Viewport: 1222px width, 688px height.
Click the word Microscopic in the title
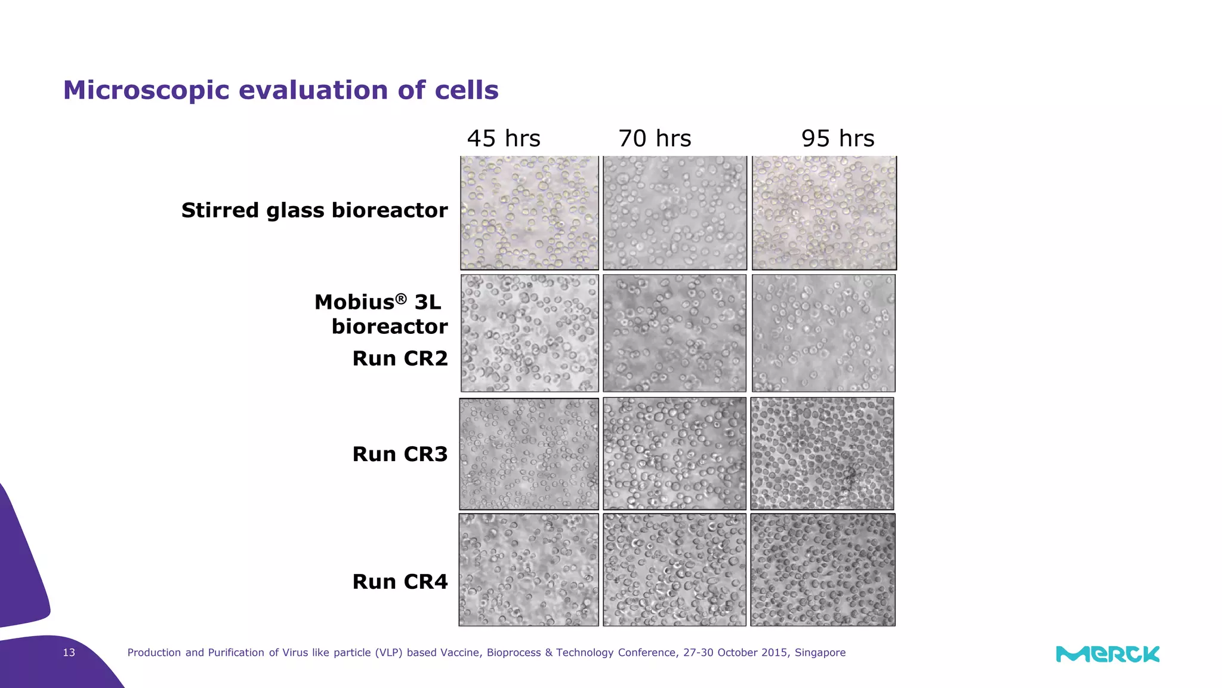[x=146, y=90]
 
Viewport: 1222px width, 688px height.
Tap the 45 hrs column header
[x=504, y=139]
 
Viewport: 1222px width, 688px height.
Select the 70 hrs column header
[x=655, y=139]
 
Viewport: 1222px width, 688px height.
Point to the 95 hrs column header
[x=838, y=139]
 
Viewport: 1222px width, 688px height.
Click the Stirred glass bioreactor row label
[x=314, y=210]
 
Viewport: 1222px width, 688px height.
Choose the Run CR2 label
[x=400, y=358]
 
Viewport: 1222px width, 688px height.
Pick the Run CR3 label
[x=400, y=454]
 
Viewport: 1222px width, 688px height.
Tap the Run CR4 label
[x=400, y=582]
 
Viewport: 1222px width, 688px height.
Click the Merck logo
[x=1107, y=654]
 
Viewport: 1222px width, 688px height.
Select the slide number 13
[x=69, y=653]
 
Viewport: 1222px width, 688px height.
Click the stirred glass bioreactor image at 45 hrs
[x=529, y=213]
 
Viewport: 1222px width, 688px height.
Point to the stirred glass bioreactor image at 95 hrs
[x=824, y=213]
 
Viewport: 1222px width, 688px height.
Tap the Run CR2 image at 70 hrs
[x=674, y=333]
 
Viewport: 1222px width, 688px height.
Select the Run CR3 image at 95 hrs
[x=822, y=453]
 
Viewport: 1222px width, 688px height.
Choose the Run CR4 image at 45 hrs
[x=529, y=570]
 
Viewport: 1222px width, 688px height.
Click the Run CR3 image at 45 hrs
[x=529, y=453]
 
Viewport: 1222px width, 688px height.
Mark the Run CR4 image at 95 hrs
[x=823, y=570]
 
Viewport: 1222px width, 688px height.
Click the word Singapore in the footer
[x=820, y=653]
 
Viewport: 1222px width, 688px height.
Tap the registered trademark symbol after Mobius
[x=401, y=298]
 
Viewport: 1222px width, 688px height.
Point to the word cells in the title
[x=467, y=90]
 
